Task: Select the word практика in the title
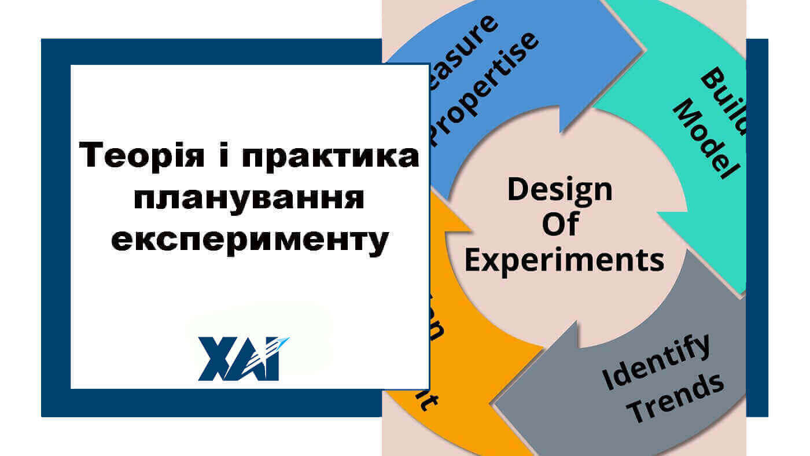[x=330, y=157]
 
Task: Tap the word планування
[x=249, y=198]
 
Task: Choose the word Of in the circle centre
[x=559, y=225]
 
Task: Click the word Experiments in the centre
[x=564, y=260]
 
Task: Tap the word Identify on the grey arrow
[x=657, y=362]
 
